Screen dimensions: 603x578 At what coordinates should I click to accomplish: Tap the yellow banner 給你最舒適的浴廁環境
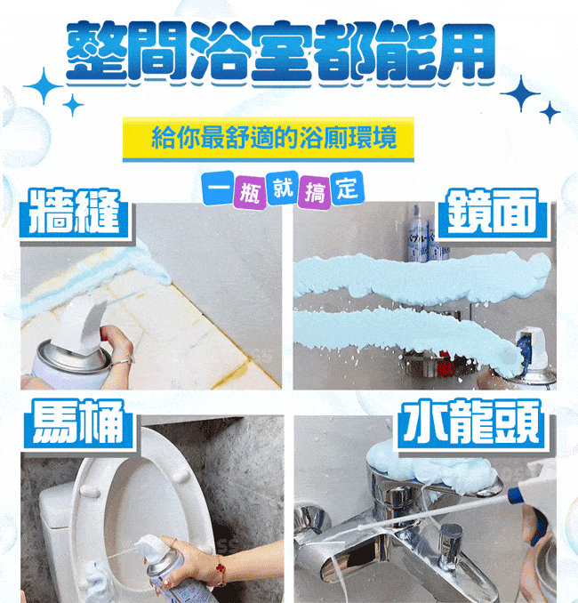pyautogui.click(x=272, y=139)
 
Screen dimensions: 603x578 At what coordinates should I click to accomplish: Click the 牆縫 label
pyautogui.click(x=71, y=214)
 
